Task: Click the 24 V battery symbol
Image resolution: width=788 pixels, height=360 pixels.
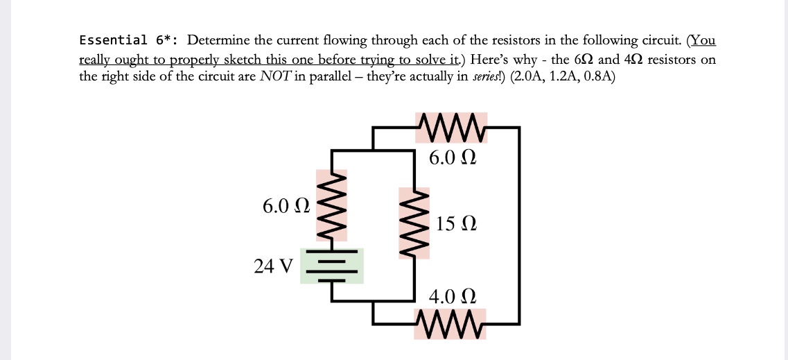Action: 332,266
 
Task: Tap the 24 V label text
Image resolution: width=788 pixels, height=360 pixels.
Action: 274,266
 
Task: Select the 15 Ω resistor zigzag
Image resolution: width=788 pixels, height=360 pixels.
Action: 414,223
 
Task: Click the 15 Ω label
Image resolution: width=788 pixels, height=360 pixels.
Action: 457,224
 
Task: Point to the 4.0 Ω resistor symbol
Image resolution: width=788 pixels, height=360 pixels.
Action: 450,323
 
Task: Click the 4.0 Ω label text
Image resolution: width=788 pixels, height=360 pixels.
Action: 452,298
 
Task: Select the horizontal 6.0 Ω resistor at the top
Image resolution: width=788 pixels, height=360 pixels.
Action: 451,128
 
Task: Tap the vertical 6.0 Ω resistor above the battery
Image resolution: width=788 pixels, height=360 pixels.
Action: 332,205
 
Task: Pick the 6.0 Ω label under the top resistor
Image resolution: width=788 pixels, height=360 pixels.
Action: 452,157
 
